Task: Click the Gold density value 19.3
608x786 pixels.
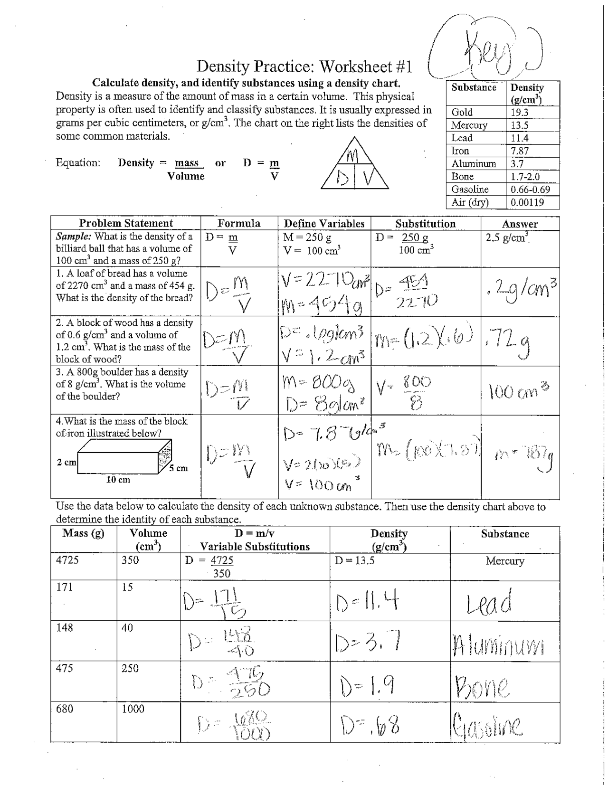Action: pyautogui.click(x=519, y=113)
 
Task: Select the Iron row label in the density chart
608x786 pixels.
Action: pyautogui.click(x=460, y=151)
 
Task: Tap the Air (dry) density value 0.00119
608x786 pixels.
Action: pyautogui.click(x=527, y=202)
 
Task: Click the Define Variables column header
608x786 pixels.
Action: pyautogui.click(x=324, y=224)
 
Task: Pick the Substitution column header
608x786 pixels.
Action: pyautogui.click(x=425, y=224)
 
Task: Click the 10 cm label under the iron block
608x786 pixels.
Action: pyautogui.click(x=118, y=480)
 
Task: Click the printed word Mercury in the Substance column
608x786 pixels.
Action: pyautogui.click(x=504, y=561)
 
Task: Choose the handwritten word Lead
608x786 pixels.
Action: pyautogui.click(x=489, y=602)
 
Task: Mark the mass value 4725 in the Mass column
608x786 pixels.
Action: pyautogui.click(x=67, y=560)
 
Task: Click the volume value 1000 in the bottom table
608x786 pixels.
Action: pyautogui.click(x=133, y=709)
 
